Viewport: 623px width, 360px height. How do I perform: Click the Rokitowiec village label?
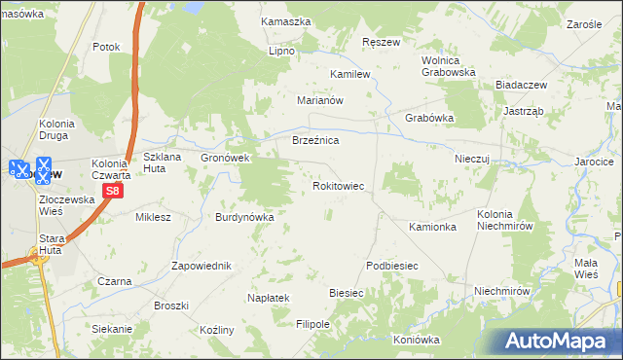[x=338, y=185]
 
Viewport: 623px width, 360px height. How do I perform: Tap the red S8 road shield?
[x=113, y=191]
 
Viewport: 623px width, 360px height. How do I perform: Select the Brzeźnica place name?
[x=315, y=141]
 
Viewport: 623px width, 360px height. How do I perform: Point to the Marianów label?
[x=321, y=100]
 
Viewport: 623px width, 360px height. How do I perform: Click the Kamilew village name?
[x=350, y=74]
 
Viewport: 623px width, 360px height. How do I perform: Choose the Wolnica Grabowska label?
[x=447, y=65]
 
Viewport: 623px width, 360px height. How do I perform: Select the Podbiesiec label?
[x=392, y=266]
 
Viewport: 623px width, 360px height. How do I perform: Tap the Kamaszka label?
[x=285, y=20]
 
